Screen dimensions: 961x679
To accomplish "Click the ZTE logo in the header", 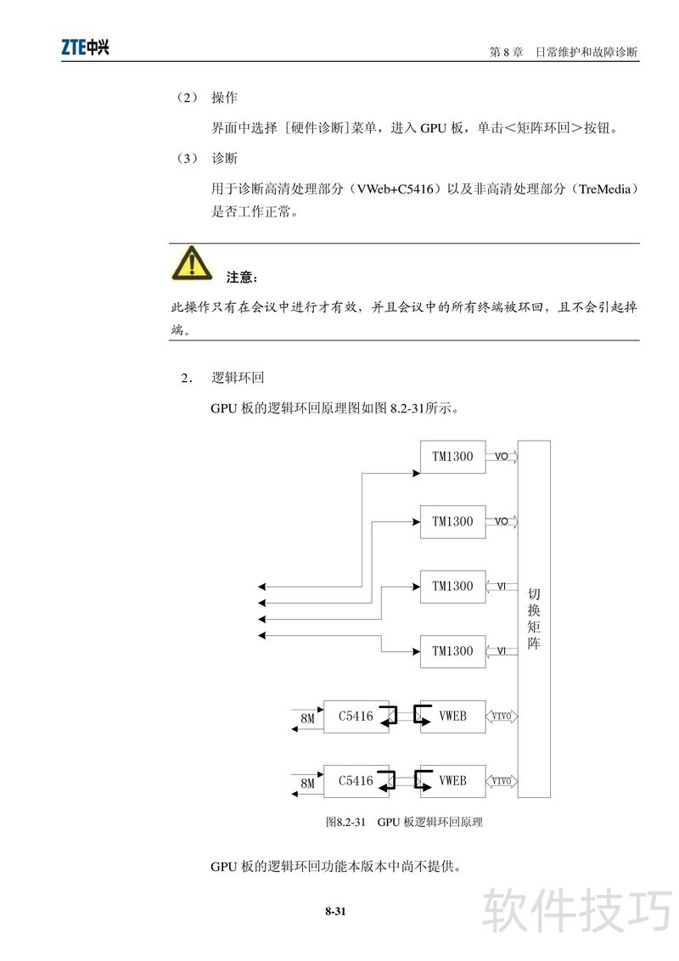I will tap(85, 48).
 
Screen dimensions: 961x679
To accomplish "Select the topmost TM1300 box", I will tap(452, 457).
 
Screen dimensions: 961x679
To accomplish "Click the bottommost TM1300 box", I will tap(452, 651).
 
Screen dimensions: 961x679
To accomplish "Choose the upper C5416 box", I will tap(356, 716).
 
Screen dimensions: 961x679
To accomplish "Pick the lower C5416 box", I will tap(356, 780).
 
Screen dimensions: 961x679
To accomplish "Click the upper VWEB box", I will tap(452, 716).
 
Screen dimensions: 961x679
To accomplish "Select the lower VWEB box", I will tap(452, 780).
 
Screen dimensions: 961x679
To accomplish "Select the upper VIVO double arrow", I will tap(502, 716).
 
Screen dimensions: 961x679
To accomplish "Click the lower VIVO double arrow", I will tap(502, 780).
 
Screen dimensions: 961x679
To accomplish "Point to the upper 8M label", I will tap(307, 720).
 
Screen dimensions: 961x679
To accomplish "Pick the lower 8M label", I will tap(307, 784).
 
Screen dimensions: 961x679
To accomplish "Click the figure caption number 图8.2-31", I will tap(345, 822).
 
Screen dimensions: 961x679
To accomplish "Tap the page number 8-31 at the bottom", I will tap(335, 912).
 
